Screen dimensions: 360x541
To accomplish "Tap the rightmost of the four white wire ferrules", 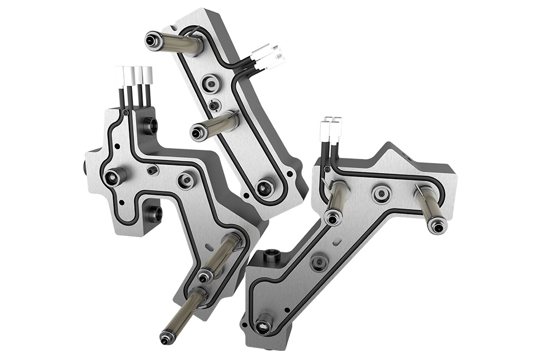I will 148,75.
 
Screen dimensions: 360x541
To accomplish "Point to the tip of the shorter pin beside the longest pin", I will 204,278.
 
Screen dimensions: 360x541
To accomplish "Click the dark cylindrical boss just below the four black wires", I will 150,124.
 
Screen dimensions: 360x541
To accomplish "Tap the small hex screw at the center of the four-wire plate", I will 152,170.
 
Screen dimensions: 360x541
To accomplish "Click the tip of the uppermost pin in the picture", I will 152,41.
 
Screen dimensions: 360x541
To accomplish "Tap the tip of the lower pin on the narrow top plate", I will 197,133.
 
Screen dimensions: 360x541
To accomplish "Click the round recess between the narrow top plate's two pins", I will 211,85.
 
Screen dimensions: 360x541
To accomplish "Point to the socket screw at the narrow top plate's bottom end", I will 264,188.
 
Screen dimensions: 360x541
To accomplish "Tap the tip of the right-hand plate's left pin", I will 331,218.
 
